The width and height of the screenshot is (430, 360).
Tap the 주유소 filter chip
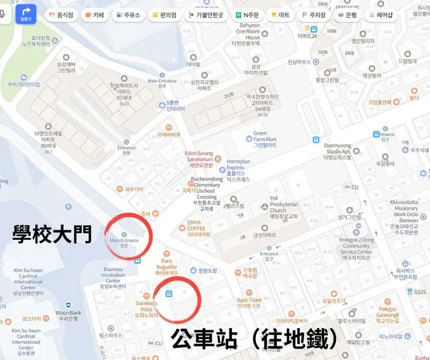pos(128,15)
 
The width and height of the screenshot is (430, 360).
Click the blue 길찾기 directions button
pos(26,14)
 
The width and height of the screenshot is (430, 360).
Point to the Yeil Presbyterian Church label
pos(283,206)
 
